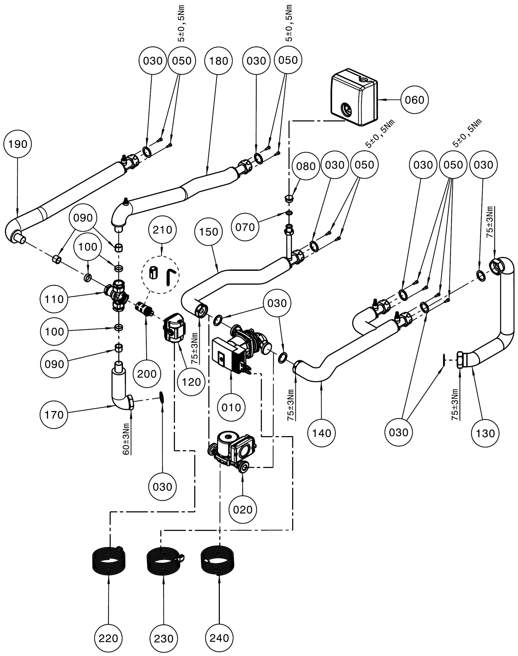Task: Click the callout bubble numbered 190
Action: [x=18, y=144]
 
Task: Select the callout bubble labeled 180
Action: [x=218, y=61]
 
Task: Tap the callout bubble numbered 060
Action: [x=415, y=100]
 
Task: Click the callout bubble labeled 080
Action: [x=306, y=166]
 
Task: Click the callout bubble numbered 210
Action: [x=162, y=230]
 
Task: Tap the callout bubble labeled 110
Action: [x=54, y=299]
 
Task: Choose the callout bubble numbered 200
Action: [x=147, y=373]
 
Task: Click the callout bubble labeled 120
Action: [x=191, y=382]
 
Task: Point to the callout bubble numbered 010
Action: [x=231, y=407]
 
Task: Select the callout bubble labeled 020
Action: [x=243, y=509]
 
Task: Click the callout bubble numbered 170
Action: [x=54, y=415]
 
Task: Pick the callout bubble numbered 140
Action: [x=321, y=433]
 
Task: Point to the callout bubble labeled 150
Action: [x=209, y=232]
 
